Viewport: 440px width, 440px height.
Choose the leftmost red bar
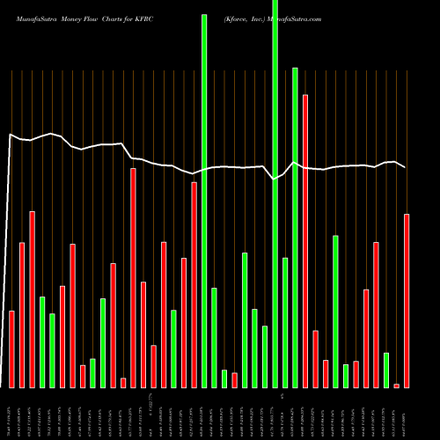pos(12,349)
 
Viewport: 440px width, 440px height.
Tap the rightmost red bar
pos(407,300)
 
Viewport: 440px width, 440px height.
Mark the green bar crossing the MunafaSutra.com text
pos(275,194)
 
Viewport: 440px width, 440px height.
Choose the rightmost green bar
pos(386,370)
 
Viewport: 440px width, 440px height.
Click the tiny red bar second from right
pos(396,385)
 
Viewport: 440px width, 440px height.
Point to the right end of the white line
pos(406,167)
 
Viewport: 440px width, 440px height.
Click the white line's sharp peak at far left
pos(10,135)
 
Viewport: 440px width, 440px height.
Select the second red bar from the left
pos(22,314)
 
